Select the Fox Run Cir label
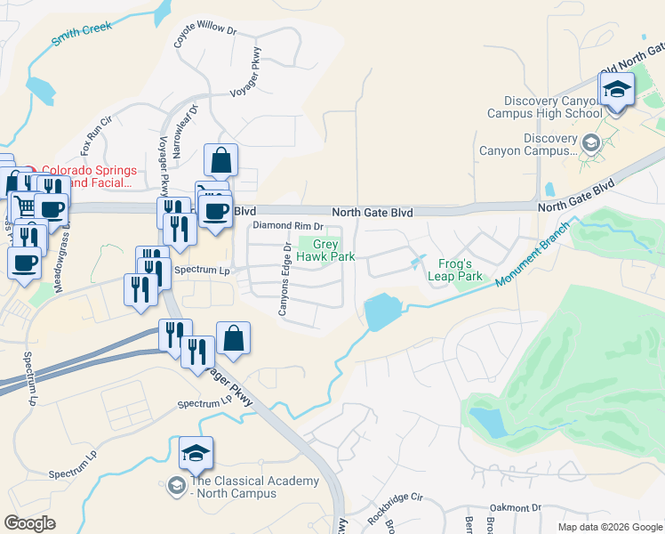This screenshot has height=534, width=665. tap(97, 131)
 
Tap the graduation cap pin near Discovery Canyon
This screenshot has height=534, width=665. tap(616, 89)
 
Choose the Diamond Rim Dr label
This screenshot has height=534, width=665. tap(287, 226)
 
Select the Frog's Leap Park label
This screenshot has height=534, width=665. tap(461, 270)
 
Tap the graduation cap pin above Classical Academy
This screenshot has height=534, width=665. tap(196, 454)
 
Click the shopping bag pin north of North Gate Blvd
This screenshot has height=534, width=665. tap(220, 161)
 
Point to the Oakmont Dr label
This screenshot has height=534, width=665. tap(515, 507)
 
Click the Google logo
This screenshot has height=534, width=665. tap(30, 523)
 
